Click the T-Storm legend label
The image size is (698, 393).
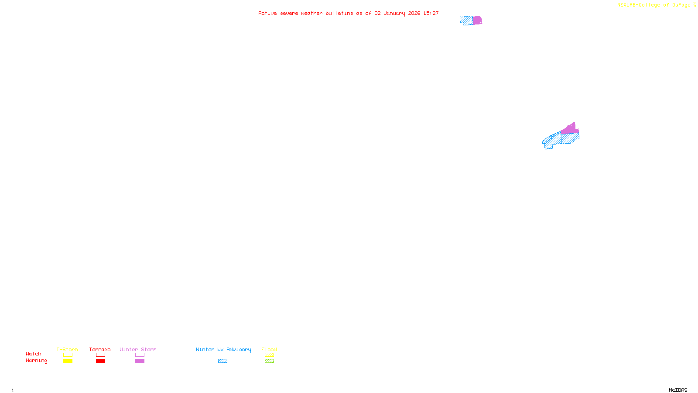tap(67, 349)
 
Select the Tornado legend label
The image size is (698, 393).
tap(100, 349)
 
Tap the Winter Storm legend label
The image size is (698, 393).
tap(138, 349)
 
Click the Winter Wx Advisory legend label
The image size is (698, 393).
tap(223, 349)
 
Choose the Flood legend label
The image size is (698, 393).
tap(269, 349)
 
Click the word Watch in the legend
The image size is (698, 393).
tap(34, 354)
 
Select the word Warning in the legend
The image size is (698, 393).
tap(37, 361)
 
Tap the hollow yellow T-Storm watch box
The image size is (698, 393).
tap(68, 355)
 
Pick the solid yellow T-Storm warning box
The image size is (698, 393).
tap(68, 361)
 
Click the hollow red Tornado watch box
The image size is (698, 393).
tap(100, 355)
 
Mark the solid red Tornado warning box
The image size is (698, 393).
tap(100, 361)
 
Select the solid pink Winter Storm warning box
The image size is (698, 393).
tap(140, 361)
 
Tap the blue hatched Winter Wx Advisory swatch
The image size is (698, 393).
tap(222, 361)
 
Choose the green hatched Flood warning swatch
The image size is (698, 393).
tap(269, 361)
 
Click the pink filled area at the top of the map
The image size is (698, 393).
tap(477, 20)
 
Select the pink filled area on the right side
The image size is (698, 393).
tap(570, 129)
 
